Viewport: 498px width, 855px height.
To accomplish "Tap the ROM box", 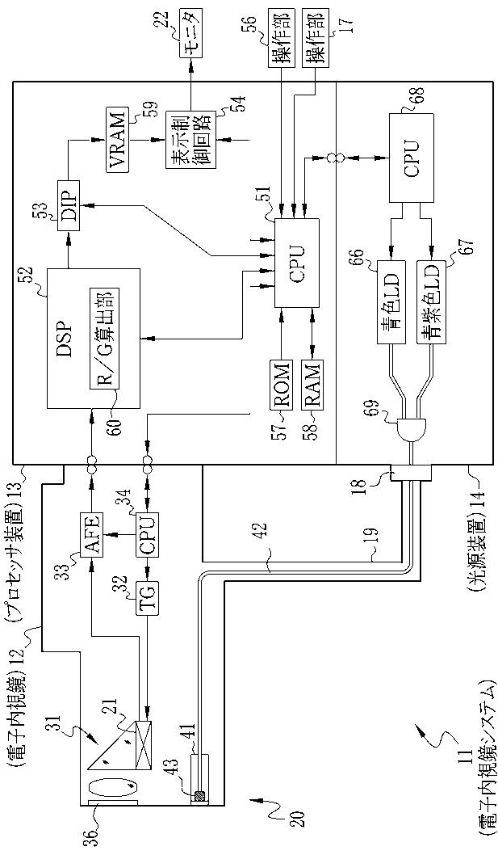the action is pyautogui.click(x=282, y=384).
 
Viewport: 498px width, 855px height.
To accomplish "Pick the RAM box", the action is pyautogui.click(x=312, y=384).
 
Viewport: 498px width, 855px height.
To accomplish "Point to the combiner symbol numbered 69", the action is pyautogui.click(x=411, y=431).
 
